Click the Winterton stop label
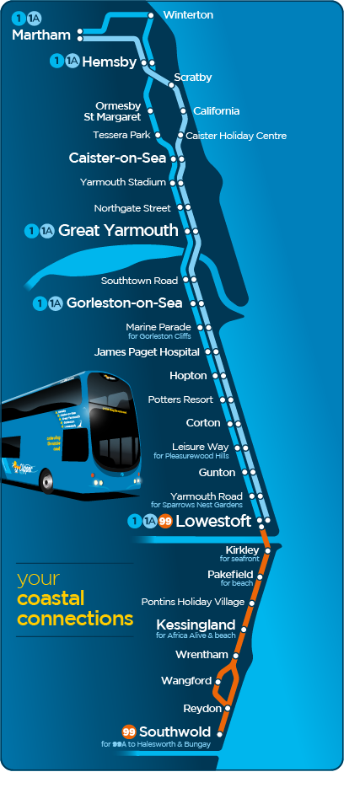pyautogui.click(x=187, y=15)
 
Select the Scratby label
pyautogui.click(x=192, y=78)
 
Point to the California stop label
pyautogui.click(x=216, y=111)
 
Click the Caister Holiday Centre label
pyautogui.click(x=236, y=136)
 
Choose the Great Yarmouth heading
pyautogui.click(x=118, y=230)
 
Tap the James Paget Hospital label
pyautogui.click(x=147, y=351)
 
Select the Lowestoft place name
pyautogui.click(x=213, y=522)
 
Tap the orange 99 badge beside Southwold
pyautogui.click(x=129, y=731)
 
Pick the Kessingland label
pyautogui.click(x=196, y=625)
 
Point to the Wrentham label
pyautogui.click(x=201, y=655)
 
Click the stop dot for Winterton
pyautogui.click(x=151, y=15)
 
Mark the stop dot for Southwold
pyautogui.click(x=220, y=735)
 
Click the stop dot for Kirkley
pyautogui.click(x=268, y=550)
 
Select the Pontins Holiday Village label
pyautogui.click(x=193, y=602)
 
